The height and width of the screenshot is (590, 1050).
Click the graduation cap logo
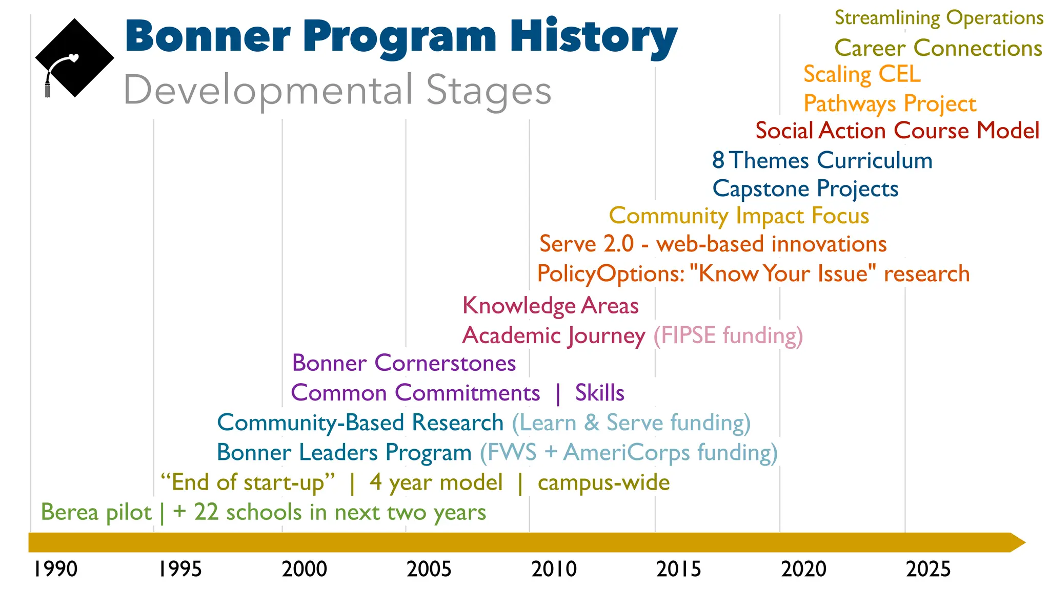[x=74, y=58]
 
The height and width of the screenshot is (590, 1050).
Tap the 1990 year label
[x=55, y=569]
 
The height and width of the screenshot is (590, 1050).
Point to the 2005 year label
[x=429, y=569]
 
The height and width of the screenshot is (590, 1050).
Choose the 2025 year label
[x=928, y=569]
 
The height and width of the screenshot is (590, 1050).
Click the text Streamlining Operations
[x=939, y=18]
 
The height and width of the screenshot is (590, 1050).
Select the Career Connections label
[x=938, y=48]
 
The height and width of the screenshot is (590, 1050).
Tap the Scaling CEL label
[x=862, y=75]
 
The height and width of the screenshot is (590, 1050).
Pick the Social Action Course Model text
[x=897, y=131]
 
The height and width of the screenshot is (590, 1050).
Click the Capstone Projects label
[x=805, y=188]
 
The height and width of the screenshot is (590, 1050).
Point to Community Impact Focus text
[x=739, y=216]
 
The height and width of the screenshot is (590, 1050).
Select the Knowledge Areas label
[x=550, y=306]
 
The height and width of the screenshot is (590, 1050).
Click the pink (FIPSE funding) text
[x=728, y=335]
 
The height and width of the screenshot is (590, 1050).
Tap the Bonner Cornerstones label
[x=404, y=363]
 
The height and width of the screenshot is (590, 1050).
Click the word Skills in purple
[x=599, y=393]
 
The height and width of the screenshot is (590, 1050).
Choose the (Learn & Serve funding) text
[x=631, y=423]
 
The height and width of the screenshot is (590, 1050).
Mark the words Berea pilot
[x=96, y=512]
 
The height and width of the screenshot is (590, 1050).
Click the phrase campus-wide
[x=603, y=482]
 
